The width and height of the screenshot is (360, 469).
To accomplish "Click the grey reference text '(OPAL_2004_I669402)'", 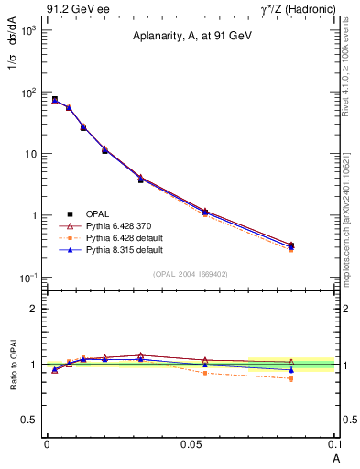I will pos(189,274).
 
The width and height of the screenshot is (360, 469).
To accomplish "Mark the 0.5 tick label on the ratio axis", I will pos(29,420).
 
